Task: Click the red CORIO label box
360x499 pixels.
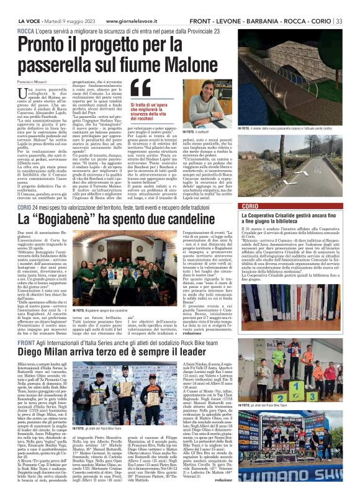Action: click(238, 205)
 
